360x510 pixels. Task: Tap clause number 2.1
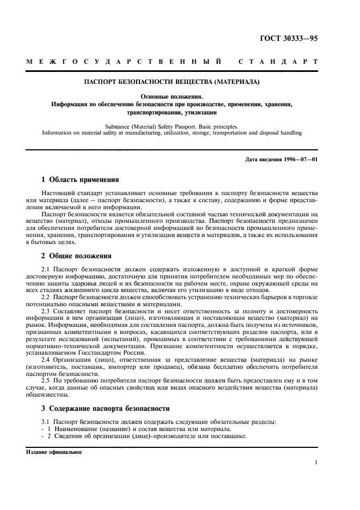tap(46, 270)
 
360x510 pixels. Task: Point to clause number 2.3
tap(46, 311)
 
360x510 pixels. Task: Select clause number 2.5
tap(46, 380)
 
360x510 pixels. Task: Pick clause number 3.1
tap(46, 422)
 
